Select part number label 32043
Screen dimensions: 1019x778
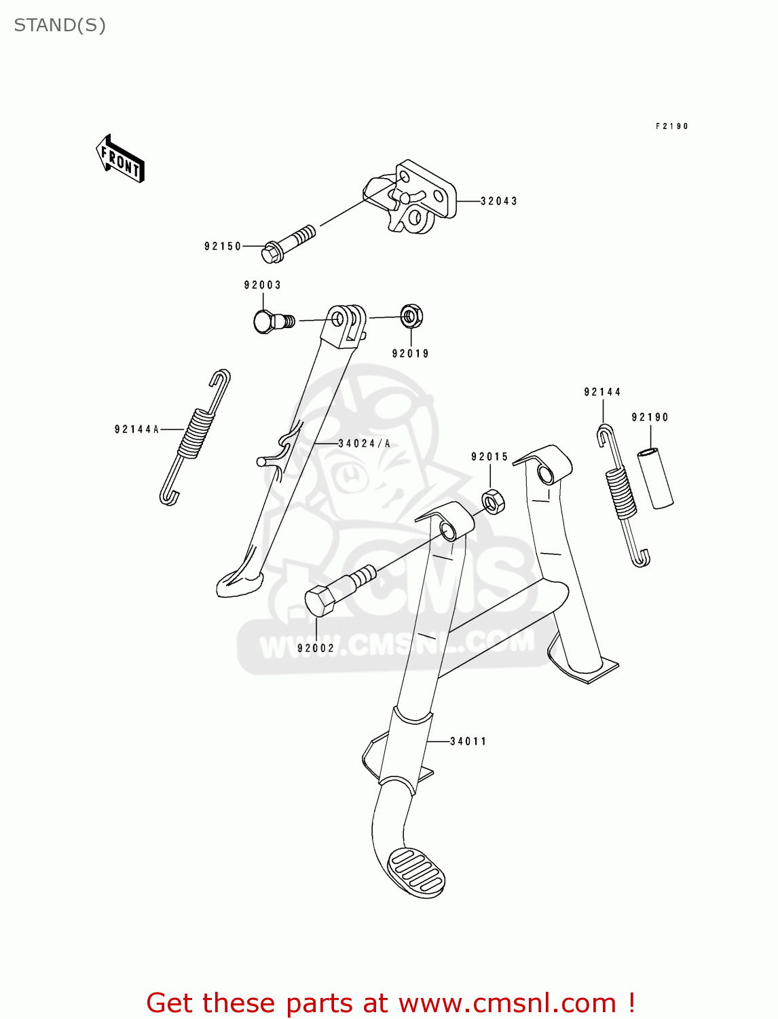point(499,201)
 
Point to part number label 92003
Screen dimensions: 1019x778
point(263,285)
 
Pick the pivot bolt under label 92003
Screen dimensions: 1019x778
point(272,321)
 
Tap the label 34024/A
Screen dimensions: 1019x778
point(365,444)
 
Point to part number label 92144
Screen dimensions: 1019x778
point(602,392)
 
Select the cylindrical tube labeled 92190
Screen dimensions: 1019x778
point(655,478)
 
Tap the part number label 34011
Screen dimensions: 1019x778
point(468,741)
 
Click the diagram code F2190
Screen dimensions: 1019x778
point(671,126)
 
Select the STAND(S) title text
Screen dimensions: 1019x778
point(60,25)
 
